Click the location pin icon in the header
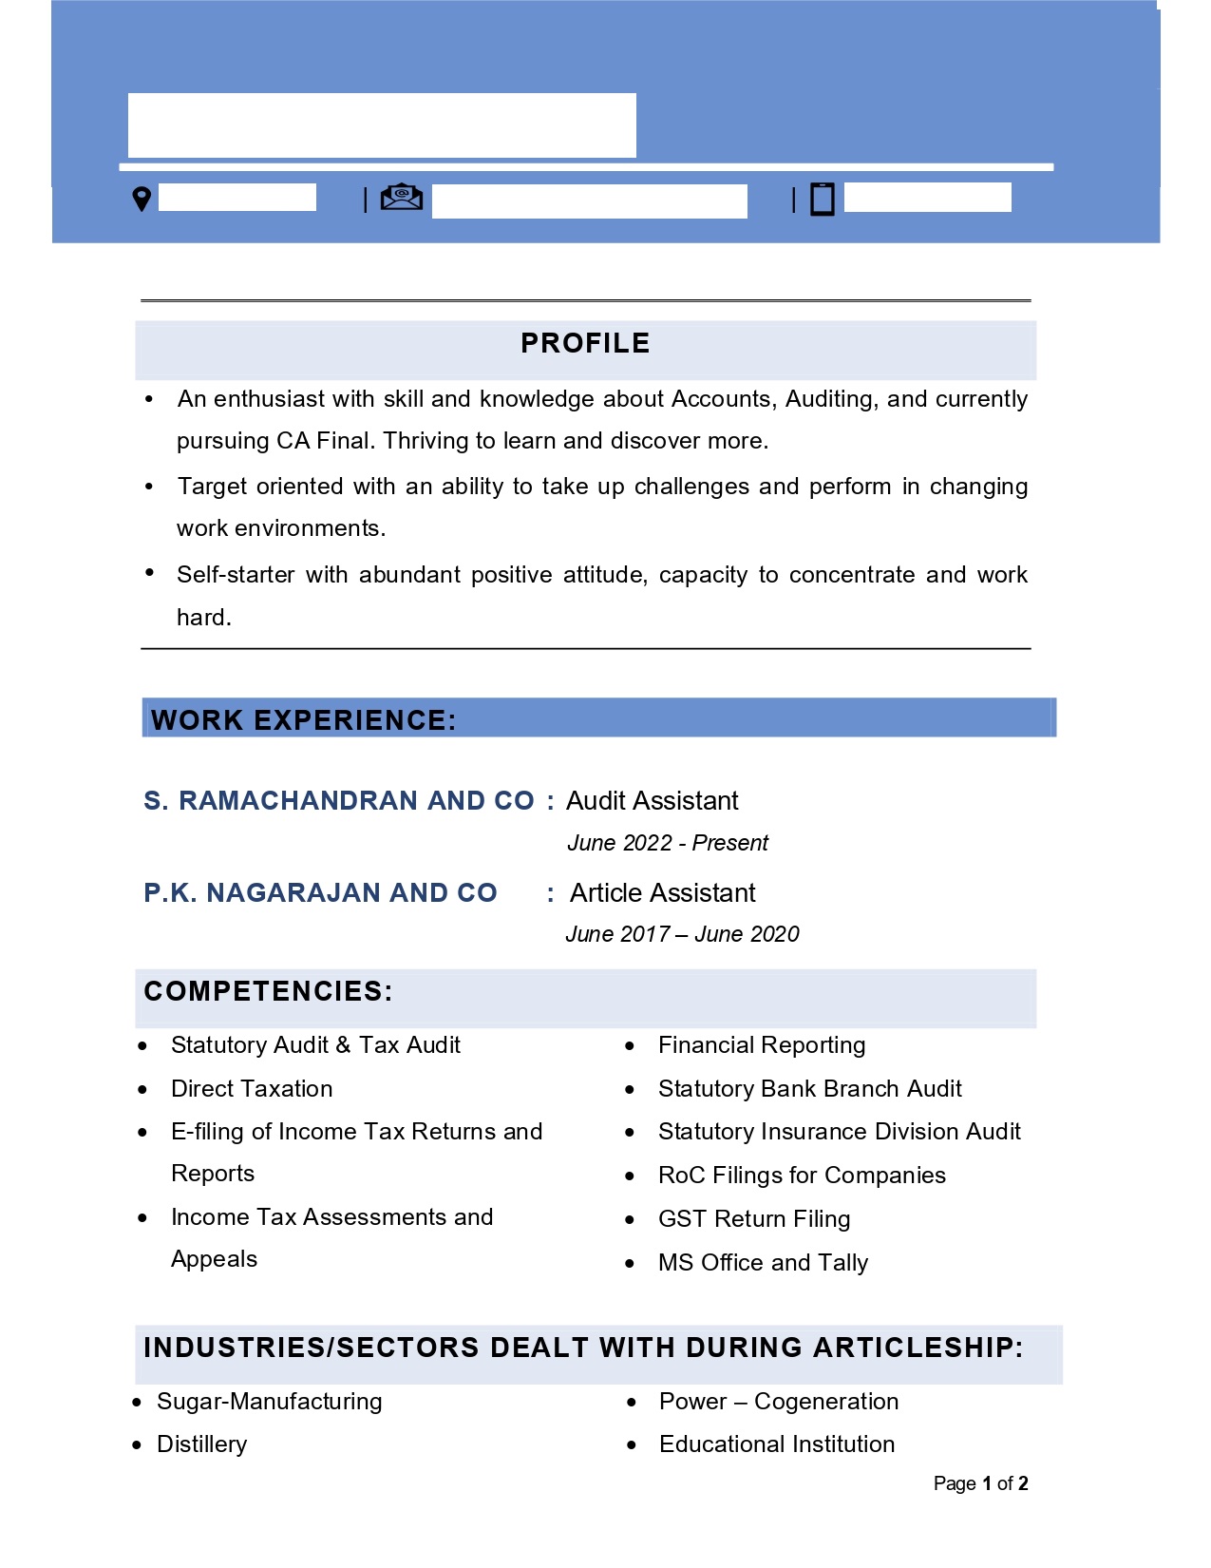coord(142,199)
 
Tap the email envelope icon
coord(401,197)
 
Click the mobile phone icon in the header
coord(822,200)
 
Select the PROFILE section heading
coord(585,343)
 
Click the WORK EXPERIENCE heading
coord(304,720)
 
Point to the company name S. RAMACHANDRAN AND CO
coord(339,801)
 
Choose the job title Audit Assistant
coord(652,801)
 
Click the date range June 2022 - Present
coord(667,843)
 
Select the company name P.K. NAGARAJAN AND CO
coord(320,893)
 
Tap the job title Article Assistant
coord(662,893)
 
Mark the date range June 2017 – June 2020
coord(682,934)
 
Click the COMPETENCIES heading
coord(268,992)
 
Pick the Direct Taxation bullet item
coord(252,1089)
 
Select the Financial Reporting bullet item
coord(761,1045)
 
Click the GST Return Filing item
coord(754,1219)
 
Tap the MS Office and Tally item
coord(763,1263)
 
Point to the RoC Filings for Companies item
coord(802,1176)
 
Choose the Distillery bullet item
coord(201,1444)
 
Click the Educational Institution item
coord(776,1444)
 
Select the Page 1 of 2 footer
coord(980,1483)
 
